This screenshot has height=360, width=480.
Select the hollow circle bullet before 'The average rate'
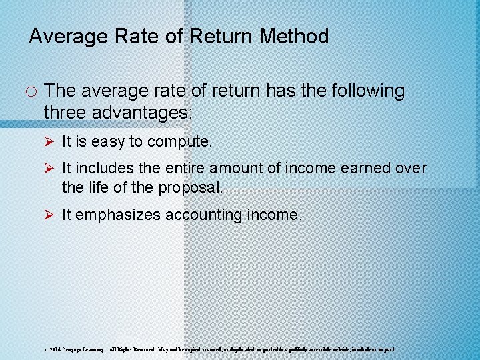point(31,91)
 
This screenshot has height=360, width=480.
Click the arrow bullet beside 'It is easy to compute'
point(50,141)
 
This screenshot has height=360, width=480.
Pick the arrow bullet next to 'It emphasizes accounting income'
point(50,215)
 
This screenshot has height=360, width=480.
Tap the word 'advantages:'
point(147,112)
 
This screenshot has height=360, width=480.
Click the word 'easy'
point(109,141)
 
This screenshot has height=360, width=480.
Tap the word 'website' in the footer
point(332,349)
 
